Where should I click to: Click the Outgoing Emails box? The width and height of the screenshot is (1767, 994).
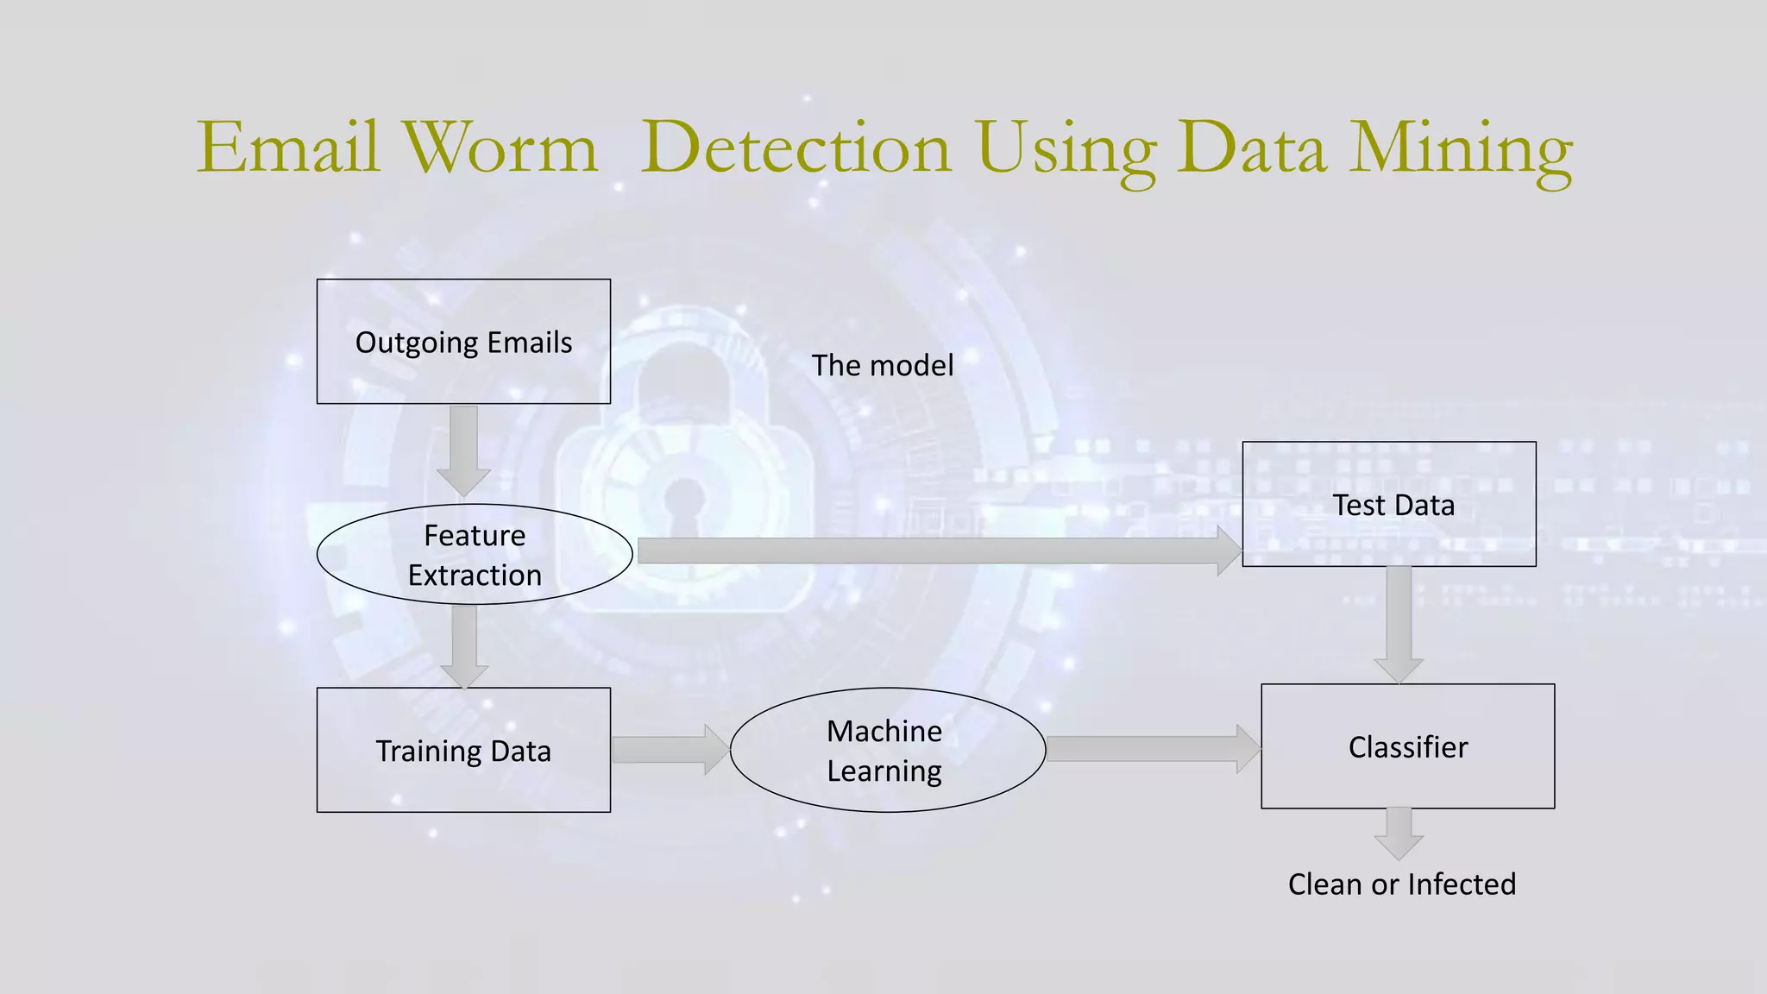[463, 342]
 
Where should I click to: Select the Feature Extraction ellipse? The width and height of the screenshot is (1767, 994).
[475, 555]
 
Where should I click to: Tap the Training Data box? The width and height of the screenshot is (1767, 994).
[463, 750]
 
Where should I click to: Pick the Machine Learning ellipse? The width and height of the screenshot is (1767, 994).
[887, 750]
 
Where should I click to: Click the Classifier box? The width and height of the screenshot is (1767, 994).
[1407, 746]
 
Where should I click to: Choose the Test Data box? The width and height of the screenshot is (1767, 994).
[1389, 504]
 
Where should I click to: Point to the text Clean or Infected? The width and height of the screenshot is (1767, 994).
[1401, 884]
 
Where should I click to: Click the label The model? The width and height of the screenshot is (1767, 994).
[882, 365]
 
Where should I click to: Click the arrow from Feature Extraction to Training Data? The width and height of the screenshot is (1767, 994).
[464, 645]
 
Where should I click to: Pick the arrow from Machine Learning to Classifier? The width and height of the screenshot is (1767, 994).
[1153, 748]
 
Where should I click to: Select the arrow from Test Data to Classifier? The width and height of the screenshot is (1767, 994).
[1399, 624]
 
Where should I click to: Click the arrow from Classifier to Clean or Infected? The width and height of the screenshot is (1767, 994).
[1399, 833]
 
